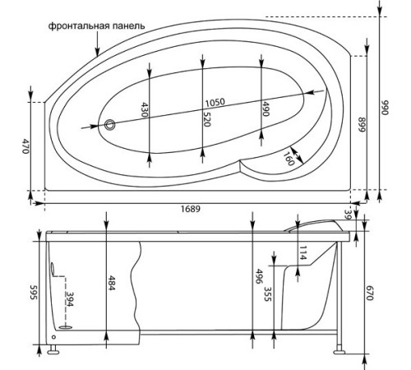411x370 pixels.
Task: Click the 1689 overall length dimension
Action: tap(191, 209)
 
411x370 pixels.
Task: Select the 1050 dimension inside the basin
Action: tap(215, 103)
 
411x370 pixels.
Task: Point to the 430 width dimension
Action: tap(145, 109)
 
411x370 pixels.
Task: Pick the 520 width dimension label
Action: tap(207, 119)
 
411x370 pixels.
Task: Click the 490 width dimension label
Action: tap(266, 109)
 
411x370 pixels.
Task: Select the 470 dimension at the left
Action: tap(25, 146)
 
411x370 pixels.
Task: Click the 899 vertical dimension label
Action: tap(363, 125)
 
